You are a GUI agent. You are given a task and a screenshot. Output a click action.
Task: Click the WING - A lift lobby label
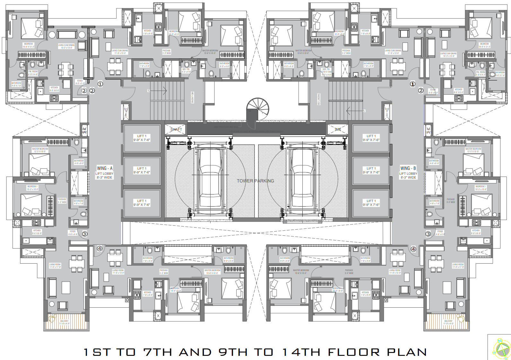click(104, 172)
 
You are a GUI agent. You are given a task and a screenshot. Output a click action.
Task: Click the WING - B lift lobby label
click(408, 172)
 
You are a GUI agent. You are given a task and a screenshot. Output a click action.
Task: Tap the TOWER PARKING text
click(255, 181)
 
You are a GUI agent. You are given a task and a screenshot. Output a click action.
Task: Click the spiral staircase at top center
click(258, 109)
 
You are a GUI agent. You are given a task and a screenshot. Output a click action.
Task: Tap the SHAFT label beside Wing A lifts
click(176, 129)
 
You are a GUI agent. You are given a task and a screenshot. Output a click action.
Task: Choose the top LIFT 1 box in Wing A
click(142, 138)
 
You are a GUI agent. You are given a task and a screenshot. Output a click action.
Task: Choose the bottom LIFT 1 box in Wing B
click(371, 203)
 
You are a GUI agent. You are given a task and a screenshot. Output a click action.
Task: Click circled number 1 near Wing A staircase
click(100, 84)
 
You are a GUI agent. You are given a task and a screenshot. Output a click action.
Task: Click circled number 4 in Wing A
click(100, 248)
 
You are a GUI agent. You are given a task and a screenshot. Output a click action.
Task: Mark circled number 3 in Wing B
click(428, 234)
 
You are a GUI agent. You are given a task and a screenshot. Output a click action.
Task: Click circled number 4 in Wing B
click(413, 249)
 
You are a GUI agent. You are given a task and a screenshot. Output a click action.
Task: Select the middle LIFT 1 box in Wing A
click(142, 171)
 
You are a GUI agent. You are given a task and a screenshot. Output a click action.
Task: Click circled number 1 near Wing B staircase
click(413, 84)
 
